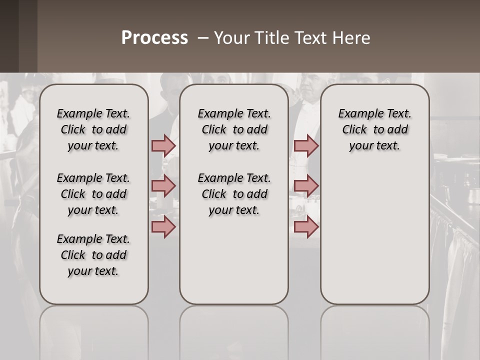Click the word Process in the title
point(154,37)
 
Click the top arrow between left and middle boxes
point(163,145)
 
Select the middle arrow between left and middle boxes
point(163,186)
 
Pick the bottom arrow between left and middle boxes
point(163,227)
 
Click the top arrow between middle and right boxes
point(306,145)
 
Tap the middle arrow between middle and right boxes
point(306,186)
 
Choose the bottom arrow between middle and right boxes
point(306,227)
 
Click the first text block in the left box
point(93,129)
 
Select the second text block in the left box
point(93,194)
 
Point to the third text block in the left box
point(93,255)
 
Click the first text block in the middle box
point(234,129)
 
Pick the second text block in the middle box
point(234,194)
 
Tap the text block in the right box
point(374,129)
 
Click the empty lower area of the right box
point(374,235)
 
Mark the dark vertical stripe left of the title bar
point(28,36)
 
